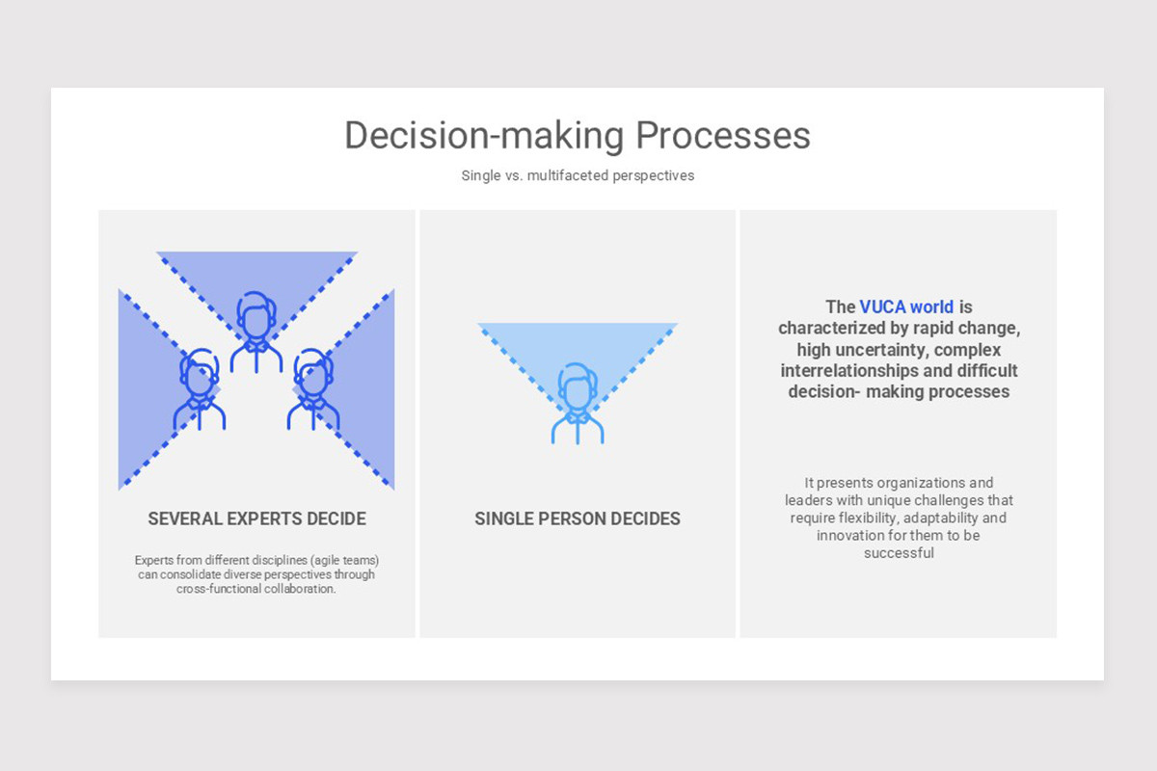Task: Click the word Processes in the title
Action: [x=723, y=135]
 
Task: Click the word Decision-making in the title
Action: [x=484, y=136]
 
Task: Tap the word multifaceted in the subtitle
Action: [x=568, y=175]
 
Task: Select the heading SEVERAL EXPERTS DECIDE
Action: [x=257, y=518]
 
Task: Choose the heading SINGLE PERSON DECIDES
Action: [x=578, y=518]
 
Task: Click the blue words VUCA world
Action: [x=906, y=306]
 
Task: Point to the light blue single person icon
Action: [x=578, y=403]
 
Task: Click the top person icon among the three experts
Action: [x=256, y=332]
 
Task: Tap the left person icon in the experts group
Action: [x=200, y=389]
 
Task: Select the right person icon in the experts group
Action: [x=313, y=389]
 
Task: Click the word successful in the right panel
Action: [x=899, y=553]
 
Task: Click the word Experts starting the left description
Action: [x=154, y=560]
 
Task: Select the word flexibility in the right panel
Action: [x=868, y=518]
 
